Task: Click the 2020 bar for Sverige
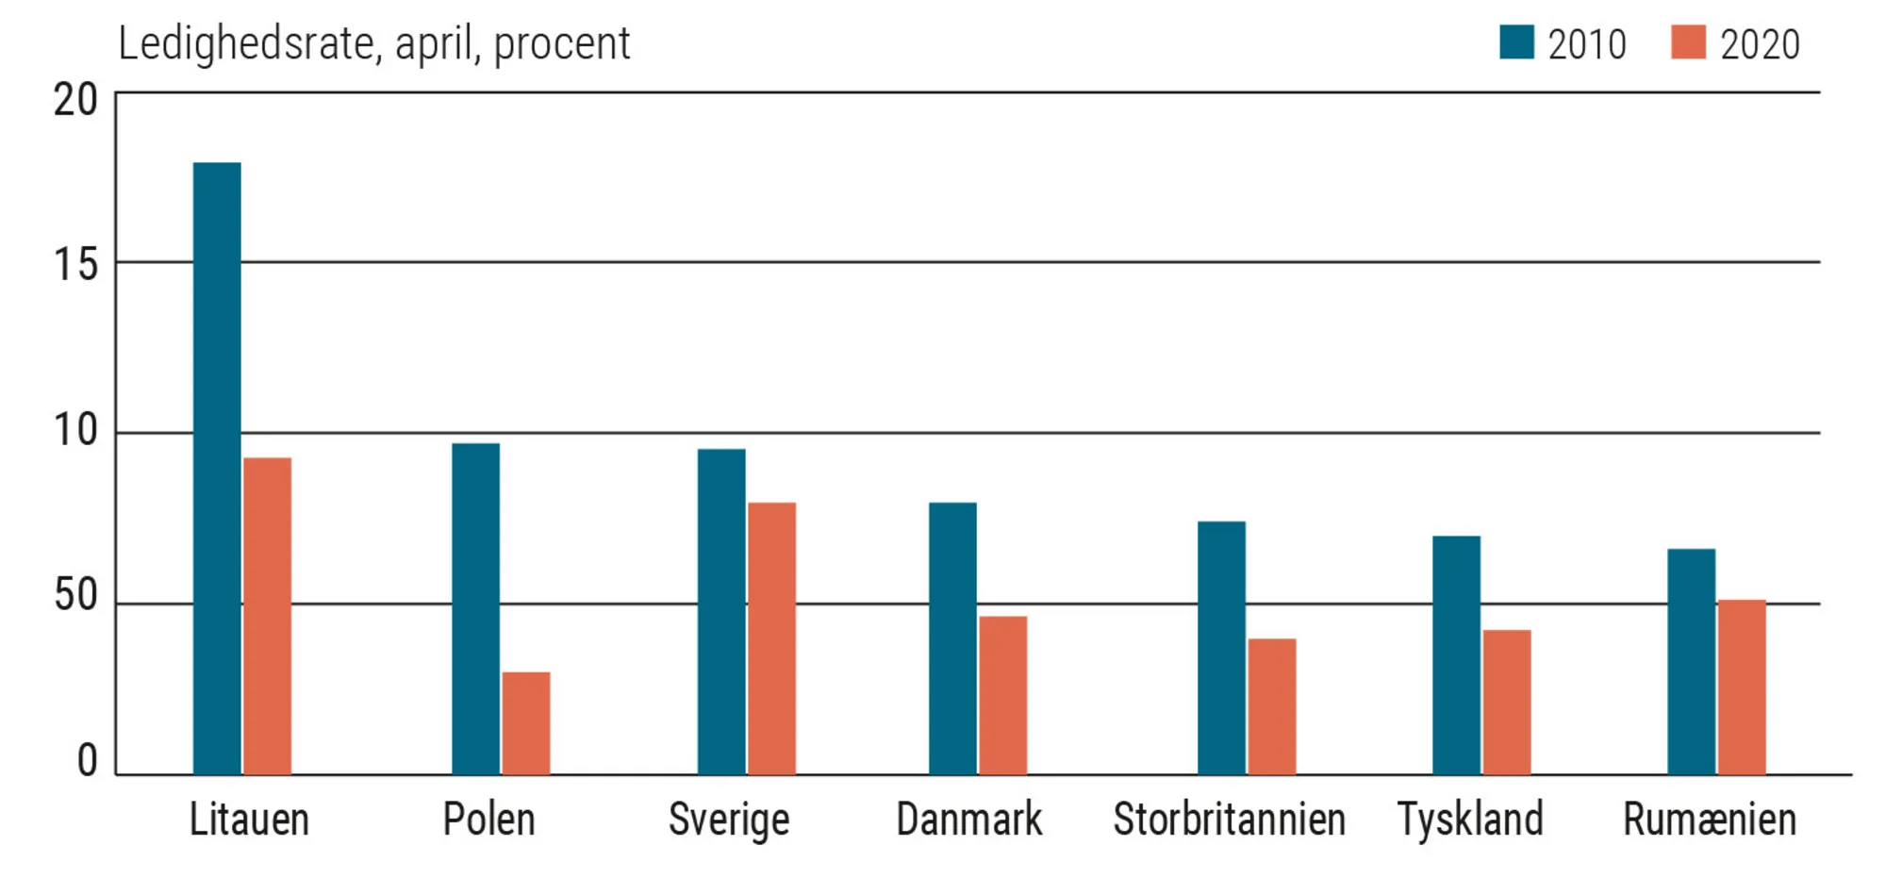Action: (x=771, y=638)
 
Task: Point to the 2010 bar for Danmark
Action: (x=952, y=638)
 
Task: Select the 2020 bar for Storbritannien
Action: (x=1271, y=706)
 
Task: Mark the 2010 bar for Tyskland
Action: (x=1456, y=655)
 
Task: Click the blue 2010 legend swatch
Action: (x=1516, y=42)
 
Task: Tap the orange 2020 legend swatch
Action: (x=1688, y=42)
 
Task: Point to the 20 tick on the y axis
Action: (x=75, y=100)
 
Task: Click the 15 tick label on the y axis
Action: (x=75, y=265)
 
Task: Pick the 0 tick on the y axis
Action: (x=87, y=760)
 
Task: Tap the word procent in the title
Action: (x=562, y=44)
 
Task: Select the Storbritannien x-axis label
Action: (x=1229, y=819)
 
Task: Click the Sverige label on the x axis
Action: (x=728, y=820)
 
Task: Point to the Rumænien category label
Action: (x=1709, y=819)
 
